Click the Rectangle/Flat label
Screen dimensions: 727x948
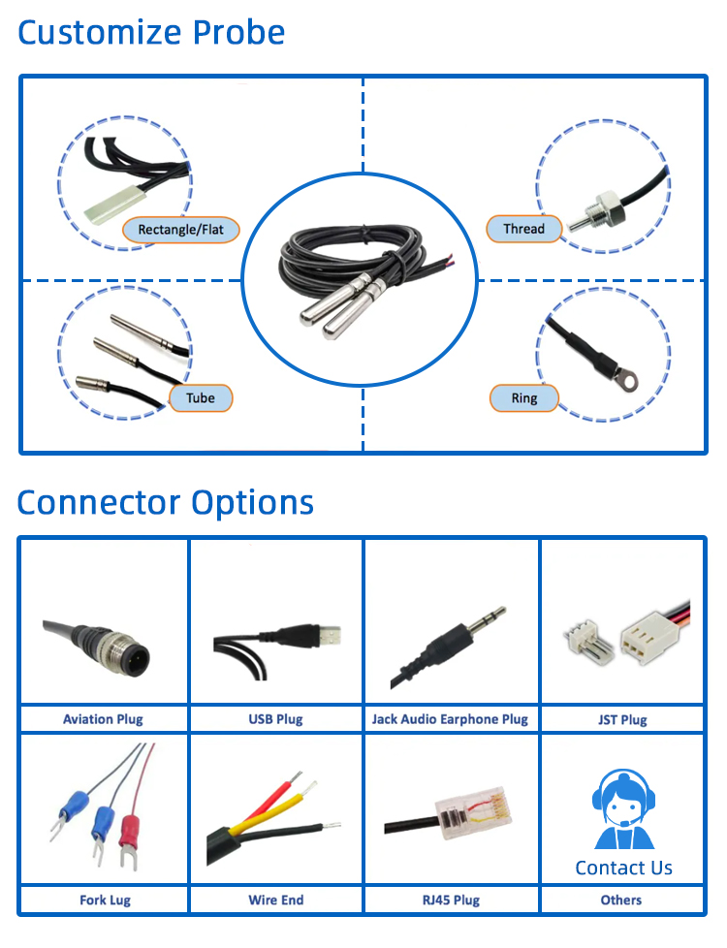click(180, 230)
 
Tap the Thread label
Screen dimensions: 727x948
click(523, 230)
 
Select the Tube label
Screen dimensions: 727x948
click(201, 397)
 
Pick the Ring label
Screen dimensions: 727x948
click(523, 397)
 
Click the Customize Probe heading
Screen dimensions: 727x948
click(151, 32)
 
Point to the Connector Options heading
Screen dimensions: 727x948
click(166, 502)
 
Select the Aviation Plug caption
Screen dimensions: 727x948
click(103, 719)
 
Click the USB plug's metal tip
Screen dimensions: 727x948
click(329, 636)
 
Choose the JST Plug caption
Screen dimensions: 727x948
click(620, 719)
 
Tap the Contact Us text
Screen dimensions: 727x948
click(623, 868)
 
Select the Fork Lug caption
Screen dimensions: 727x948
click(105, 900)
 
